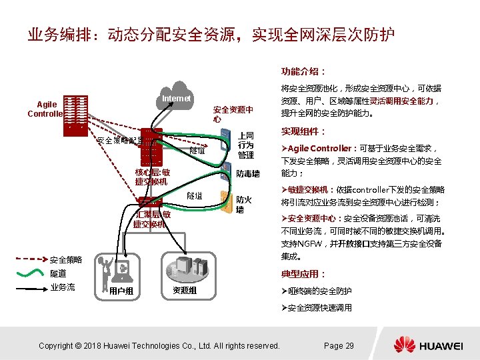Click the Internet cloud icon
pyautogui.click(x=178, y=94)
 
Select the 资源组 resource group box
pyautogui.click(x=185, y=274)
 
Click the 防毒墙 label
pyautogui.click(x=248, y=174)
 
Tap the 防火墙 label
pyautogui.click(x=243, y=204)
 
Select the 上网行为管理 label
pyautogui.click(x=245, y=145)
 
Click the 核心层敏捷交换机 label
pyautogui.click(x=152, y=177)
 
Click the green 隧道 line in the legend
pyautogui.click(x=31, y=273)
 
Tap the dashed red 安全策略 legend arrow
pyautogui.click(x=31, y=259)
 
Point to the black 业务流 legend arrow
pyautogui.click(x=31, y=287)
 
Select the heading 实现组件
pyautogui.click(x=303, y=131)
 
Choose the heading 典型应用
pyautogui.click(x=303, y=274)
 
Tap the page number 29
pyautogui.click(x=339, y=345)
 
